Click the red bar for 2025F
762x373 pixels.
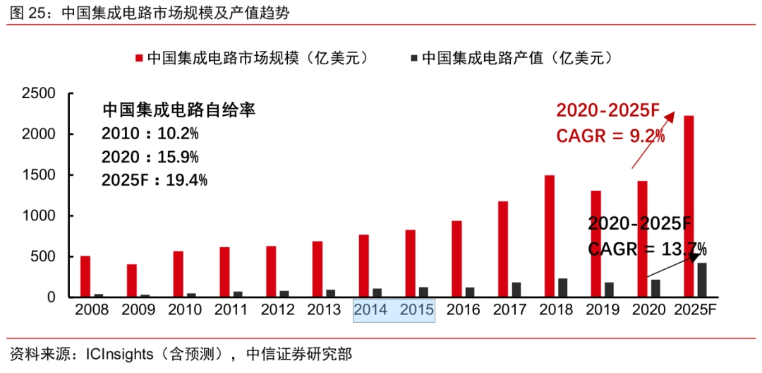(x=689, y=206)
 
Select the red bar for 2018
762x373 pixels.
(x=550, y=236)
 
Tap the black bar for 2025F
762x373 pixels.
(x=702, y=280)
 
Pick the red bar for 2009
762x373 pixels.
(x=131, y=280)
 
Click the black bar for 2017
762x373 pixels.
(x=516, y=290)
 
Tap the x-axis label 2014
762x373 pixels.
(x=371, y=310)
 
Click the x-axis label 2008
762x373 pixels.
(x=92, y=310)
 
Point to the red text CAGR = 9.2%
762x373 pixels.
(x=610, y=135)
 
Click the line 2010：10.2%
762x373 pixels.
(x=150, y=134)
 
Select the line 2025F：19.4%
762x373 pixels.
(x=154, y=180)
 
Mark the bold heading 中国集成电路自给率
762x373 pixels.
(x=179, y=110)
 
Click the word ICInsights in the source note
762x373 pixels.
(x=119, y=353)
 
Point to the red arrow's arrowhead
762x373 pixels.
(x=672, y=115)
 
